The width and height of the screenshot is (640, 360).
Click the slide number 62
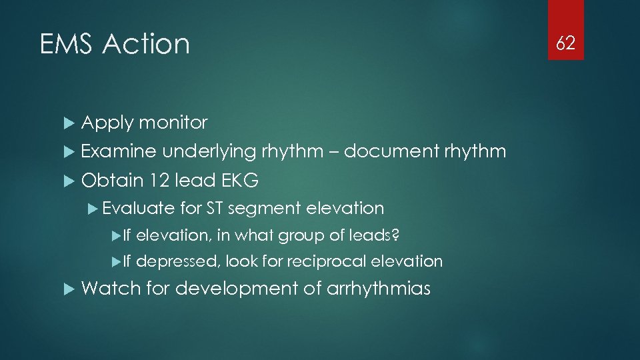[566, 44]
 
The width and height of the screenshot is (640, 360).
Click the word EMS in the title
[67, 45]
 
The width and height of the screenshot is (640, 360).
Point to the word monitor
[173, 123]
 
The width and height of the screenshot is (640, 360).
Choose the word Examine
[118, 151]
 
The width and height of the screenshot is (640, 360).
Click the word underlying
[208, 153]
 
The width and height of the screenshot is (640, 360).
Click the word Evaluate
[139, 209]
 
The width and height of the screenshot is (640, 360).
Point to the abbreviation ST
[215, 209]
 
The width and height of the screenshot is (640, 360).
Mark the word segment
[264, 209]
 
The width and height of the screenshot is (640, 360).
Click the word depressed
[177, 261]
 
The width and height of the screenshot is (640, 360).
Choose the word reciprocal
[327, 261]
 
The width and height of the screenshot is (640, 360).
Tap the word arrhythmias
[379, 289]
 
